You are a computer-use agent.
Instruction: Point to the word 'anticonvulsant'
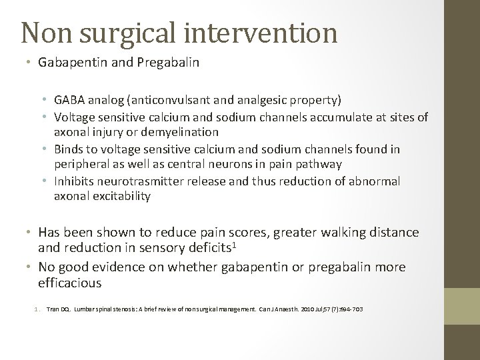[x=183, y=100]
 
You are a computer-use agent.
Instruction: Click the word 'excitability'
[x=122, y=196]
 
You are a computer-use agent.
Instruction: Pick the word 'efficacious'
[x=70, y=283]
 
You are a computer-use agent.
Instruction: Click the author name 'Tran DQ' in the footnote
[x=58, y=310]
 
